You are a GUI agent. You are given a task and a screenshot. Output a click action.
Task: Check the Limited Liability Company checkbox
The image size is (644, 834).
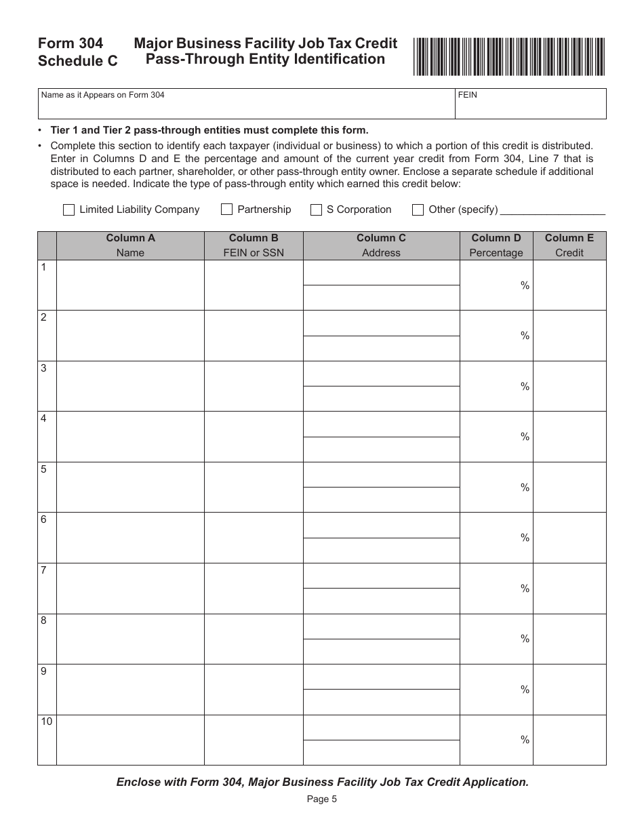pos(68,210)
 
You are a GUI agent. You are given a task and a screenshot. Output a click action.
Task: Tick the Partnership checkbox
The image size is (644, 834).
pos(226,210)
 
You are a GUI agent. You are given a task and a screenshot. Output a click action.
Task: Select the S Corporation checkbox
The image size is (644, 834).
pos(316,210)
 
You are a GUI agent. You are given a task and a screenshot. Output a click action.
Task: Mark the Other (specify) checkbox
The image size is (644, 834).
pos(418,210)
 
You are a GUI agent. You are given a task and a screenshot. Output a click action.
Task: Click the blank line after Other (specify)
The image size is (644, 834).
pos(552,210)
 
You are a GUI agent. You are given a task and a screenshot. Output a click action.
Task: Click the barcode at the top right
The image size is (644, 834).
pos(509,57)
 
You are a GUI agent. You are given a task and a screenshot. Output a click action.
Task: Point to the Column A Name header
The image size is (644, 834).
pos(130,245)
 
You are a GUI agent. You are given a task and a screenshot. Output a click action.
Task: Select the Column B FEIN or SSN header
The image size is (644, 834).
pos(254,245)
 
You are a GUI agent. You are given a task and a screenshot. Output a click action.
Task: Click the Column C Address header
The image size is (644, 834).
pos(381,245)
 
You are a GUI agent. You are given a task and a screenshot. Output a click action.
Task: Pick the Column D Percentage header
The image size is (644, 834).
pos(496,245)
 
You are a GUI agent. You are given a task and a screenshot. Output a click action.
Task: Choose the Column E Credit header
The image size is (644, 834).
pos(569,245)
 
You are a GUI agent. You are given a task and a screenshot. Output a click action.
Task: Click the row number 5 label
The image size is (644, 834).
pos(44,469)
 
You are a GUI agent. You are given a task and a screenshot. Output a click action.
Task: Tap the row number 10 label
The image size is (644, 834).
pos(46,721)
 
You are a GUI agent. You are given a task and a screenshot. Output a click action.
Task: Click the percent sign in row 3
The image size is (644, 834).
pos(525,386)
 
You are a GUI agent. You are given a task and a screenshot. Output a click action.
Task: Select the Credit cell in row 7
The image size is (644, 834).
pos(569,588)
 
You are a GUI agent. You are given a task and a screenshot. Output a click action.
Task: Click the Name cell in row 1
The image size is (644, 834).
pos(130,285)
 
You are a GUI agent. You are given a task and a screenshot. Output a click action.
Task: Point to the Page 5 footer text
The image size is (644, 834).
pos(321,799)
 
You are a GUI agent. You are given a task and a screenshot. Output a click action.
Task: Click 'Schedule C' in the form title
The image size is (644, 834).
pos(78,61)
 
